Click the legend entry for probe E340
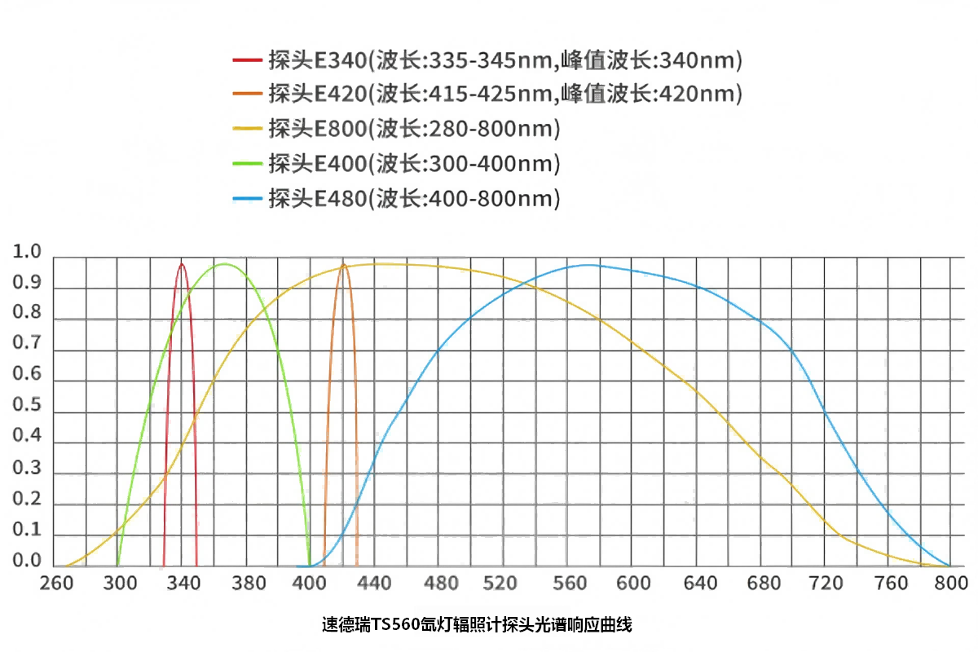(x=505, y=59)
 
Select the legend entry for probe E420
(x=505, y=94)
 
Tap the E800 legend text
(x=414, y=129)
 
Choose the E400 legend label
(x=414, y=164)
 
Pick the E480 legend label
(x=414, y=198)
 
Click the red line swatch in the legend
(x=247, y=60)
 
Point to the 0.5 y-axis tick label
(x=27, y=407)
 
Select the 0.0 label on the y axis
(x=27, y=561)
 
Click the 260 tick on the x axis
(x=56, y=584)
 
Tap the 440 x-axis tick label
(x=375, y=584)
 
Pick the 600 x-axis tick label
(x=633, y=584)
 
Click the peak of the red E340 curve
(x=182, y=263)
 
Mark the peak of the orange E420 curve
(x=343, y=264)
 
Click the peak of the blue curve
(x=587, y=265)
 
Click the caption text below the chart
(x=477, y=626)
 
